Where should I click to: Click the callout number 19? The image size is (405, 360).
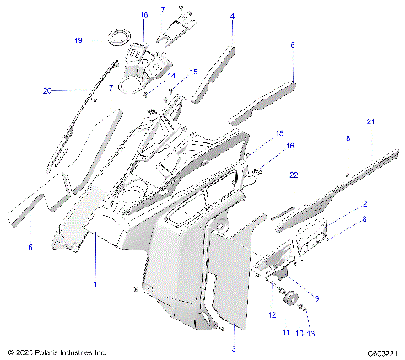(78, 40)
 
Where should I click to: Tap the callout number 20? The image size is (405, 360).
(47, 89)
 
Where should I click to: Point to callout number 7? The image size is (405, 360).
(111, 89)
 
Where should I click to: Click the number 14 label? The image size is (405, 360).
(170, 76)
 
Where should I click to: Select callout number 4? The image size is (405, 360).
(233, 16)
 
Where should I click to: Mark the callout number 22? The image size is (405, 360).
(294, 175)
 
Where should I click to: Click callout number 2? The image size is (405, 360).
(364, 204)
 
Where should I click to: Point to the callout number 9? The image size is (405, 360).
(317, 298)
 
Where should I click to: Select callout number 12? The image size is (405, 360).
(273, 314)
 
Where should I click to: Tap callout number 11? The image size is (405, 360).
(284, 334)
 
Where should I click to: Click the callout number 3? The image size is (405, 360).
(234, 348)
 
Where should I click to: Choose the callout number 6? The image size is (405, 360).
(30, 247)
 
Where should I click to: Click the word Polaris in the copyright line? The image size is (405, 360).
(49, 352)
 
